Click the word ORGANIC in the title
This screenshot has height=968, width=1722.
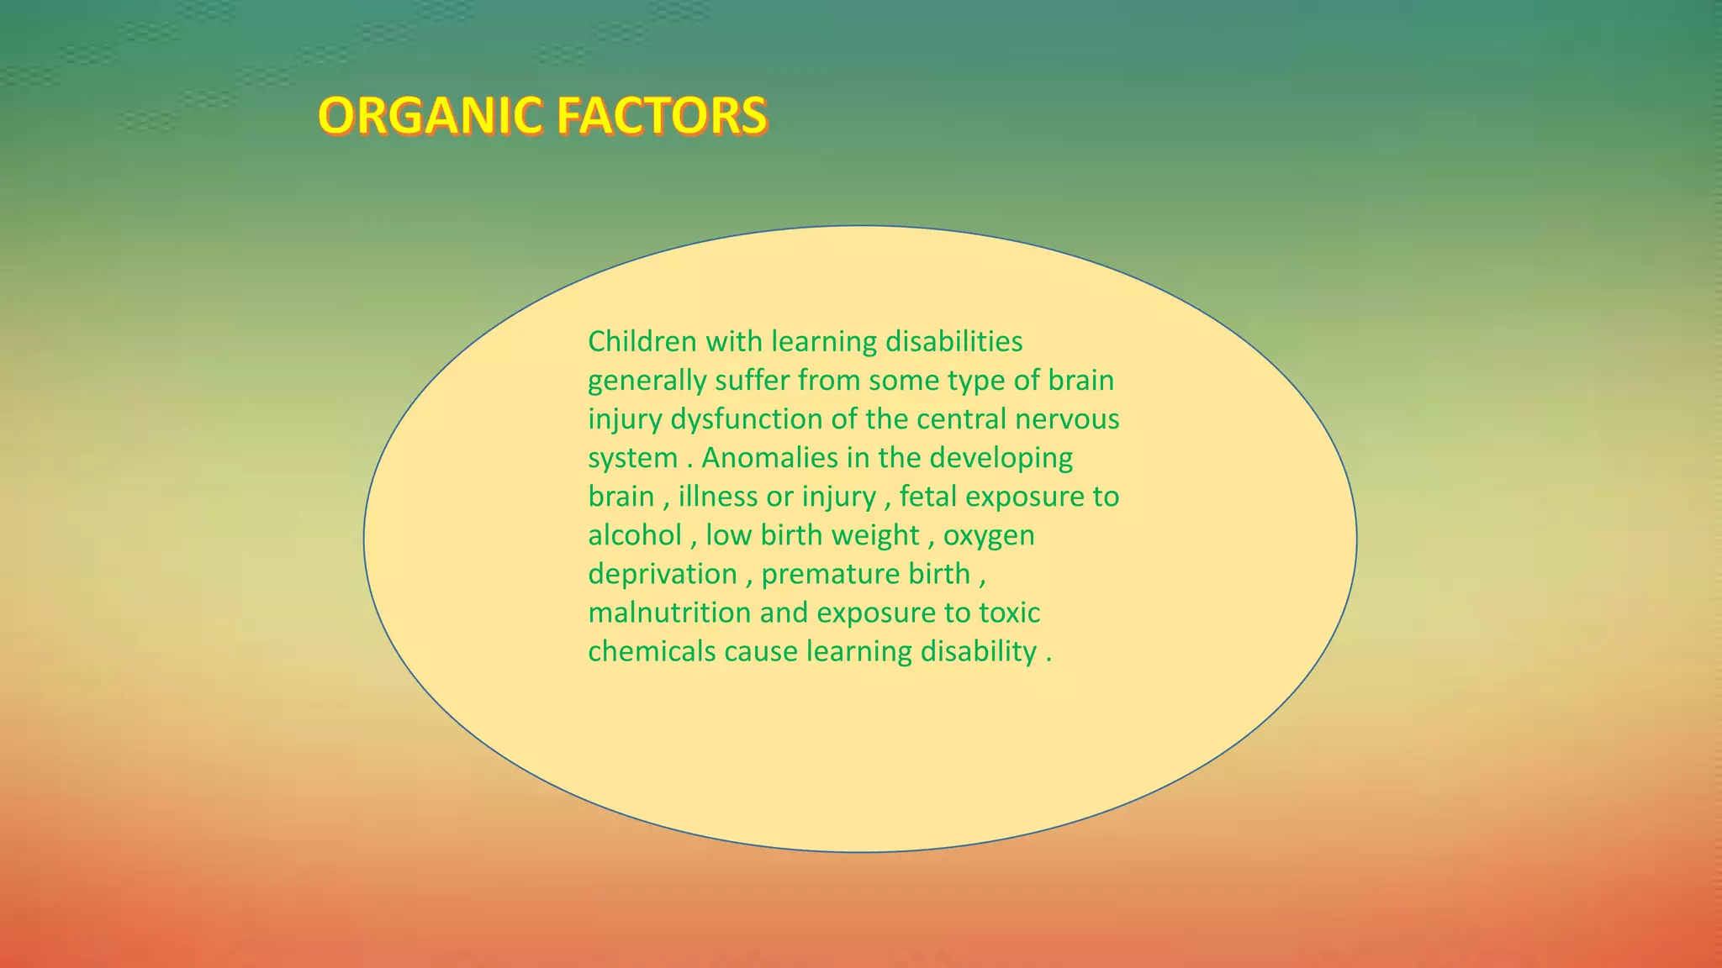tap(430, 116)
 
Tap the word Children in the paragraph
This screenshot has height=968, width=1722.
tap(642, 341)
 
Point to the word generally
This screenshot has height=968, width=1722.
tap(647, 381)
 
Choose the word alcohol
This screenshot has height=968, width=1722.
tap(635, 535)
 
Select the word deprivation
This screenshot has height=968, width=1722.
tap(662, 575)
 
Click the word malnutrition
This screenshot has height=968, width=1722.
tap(669, 613)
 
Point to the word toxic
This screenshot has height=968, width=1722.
tap(1009, 613)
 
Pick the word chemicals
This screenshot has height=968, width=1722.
tap(652, 651)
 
